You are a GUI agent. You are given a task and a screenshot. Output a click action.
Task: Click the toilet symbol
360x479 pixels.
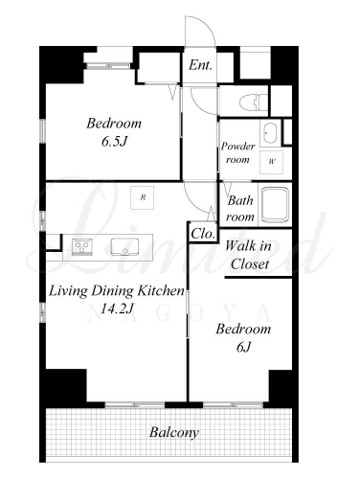click(x=254, y=102)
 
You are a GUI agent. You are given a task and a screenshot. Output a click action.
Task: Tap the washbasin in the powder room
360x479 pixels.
click(x=270, y=133)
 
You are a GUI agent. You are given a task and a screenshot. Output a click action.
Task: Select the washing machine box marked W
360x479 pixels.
click(x=271, y=162)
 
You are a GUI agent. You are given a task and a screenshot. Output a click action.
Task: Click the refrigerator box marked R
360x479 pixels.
click(x=143, y=197)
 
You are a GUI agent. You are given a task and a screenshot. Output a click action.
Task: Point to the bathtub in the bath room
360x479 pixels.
click(x=276, y=205)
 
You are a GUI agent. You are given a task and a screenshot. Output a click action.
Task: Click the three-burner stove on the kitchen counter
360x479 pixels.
click(x=82, y=246)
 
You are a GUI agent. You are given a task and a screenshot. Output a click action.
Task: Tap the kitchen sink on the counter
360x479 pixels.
click(x=124, y=246)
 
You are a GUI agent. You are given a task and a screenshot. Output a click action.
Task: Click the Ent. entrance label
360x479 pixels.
click(x=200, y=65)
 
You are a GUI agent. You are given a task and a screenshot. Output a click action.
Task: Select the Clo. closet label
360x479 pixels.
click(x=202, y=234)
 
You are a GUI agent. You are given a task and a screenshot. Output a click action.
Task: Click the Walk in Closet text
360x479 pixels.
click(x=248, y=255)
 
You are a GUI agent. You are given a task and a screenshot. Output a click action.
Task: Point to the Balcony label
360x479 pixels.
click(x=174, y=433)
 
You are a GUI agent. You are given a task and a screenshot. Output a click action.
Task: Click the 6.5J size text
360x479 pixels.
click(x=114, y=142)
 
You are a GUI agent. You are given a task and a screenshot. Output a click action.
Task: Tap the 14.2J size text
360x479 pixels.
click(x=117, y=308)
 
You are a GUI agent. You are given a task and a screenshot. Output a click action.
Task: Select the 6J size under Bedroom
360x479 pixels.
click(x=243, y=347)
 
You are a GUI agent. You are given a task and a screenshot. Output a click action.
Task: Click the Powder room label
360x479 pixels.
click(x=237, y=152)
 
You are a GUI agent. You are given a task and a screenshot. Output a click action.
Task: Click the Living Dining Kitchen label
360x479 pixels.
click(x=117, y=291)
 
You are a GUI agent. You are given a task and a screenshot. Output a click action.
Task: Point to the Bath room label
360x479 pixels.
click(x=240, y=209)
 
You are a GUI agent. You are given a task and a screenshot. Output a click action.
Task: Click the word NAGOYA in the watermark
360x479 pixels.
click(x=179, y=314)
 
